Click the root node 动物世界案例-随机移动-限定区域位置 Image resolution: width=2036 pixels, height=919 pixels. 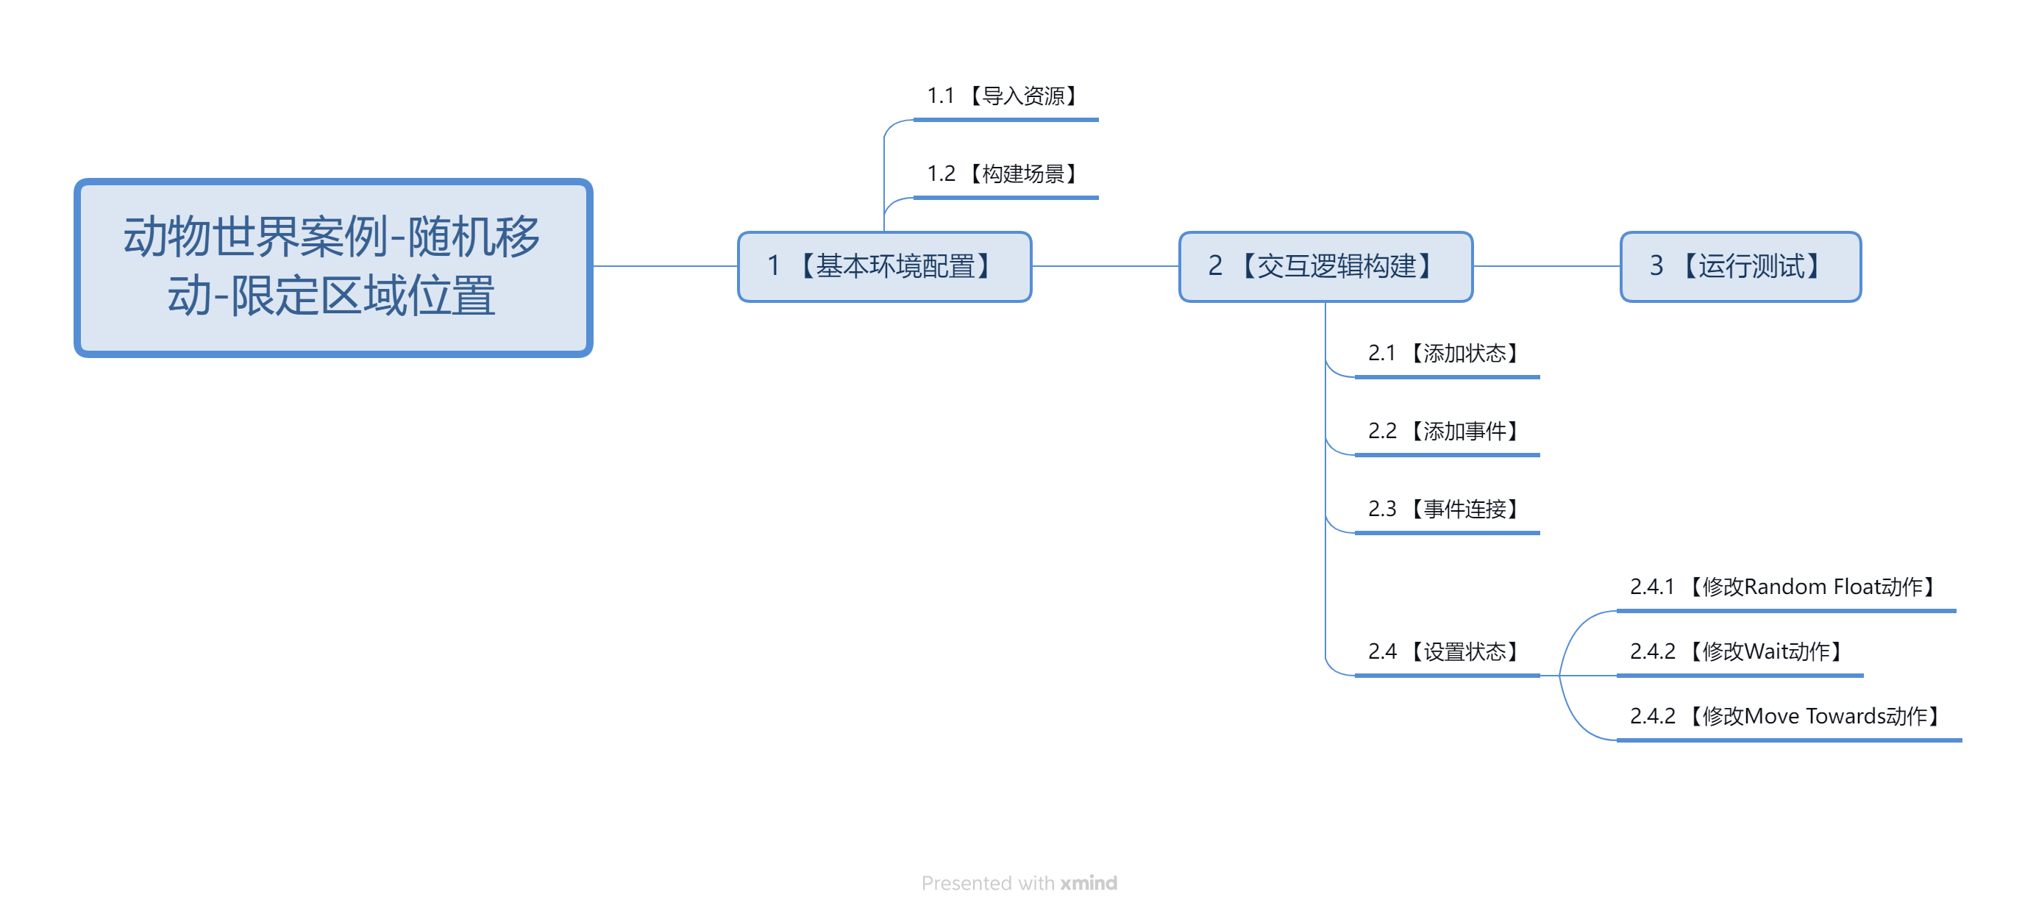pyautogui.click(x=332, y=267)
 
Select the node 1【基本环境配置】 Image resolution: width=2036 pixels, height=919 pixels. pyautogui.click(x=884, y=266)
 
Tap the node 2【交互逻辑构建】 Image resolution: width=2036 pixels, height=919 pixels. pyautogui.click(x=1325, y=266)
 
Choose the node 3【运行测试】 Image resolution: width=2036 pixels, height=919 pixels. pyautogui.click(x=1740, y=266)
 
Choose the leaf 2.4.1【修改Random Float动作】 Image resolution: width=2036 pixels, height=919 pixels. pyautogui.click(x=1784, y=587)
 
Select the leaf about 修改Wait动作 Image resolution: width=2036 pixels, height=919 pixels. pyautogui.click(x=1739, y=652)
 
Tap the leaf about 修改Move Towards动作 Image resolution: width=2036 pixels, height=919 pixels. pyautogui.click(x=1788, y=717)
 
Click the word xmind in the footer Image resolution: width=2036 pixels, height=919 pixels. pyautogui.click(x=1089, y=883)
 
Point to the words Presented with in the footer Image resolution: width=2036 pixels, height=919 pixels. pyautogui.click(x=988, y=883)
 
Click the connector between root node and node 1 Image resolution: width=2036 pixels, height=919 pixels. pyautogui.click(x=666, y=266)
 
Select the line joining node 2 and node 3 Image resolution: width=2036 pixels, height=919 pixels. pyautogui.click(x=1547, y=266)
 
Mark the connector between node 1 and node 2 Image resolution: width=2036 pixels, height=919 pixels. pyautogui.click(x=1106, y=266)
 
